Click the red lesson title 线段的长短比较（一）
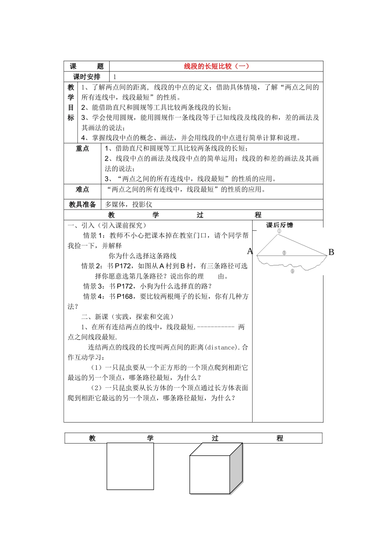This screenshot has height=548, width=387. (216, 66)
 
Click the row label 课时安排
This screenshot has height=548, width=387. (86, 77)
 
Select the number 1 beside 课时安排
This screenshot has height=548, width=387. (115, 77)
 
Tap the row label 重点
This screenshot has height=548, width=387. (82, 148)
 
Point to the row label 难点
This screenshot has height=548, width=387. (82, 190)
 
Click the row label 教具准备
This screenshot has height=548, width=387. (82, 204)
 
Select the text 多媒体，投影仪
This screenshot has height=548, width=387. (129, 204)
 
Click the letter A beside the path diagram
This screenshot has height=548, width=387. (250, 252)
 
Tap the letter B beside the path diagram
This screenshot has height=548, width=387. (331, 252)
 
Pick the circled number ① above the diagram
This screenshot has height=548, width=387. (279, 231)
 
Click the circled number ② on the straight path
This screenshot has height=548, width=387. (284, 253)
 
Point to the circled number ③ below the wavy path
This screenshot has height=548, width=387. (292, 271)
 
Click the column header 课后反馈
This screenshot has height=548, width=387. (279, 225)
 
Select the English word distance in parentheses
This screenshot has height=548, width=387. (221, 347)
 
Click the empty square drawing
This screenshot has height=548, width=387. (130, 466)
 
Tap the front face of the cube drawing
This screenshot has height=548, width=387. (209, 475)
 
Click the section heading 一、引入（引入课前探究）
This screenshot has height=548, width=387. (108, 225)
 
